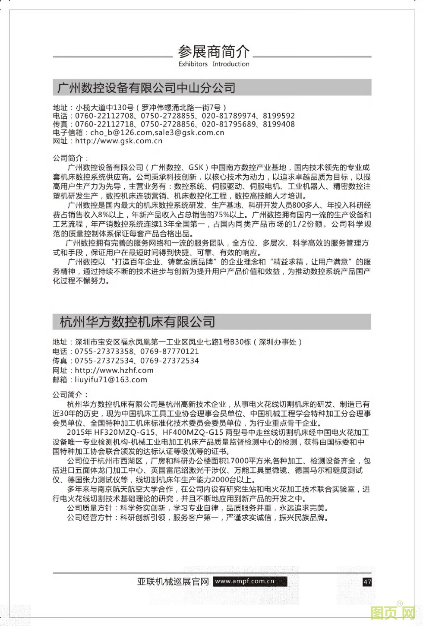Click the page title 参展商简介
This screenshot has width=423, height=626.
[x=214, y=52]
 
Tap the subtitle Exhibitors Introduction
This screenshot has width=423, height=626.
[x=214, y=64]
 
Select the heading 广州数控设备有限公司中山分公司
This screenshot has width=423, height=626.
[x=146, y=88]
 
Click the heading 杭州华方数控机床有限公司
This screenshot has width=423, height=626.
[x=137, y=322]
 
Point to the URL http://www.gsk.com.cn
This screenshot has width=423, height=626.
[x=119, y=141]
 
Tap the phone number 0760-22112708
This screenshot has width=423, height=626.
[x=104, y=116]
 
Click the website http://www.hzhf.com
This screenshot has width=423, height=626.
[x=114, y=370]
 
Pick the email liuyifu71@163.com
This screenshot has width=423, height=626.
[x=111, y=379]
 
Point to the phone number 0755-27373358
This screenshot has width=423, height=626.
[x=104, y=351]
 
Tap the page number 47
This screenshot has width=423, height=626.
[x=367, y=582]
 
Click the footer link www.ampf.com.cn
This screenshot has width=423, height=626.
[x=245, y=581]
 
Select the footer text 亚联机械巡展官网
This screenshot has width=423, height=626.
[x=173, y=582]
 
